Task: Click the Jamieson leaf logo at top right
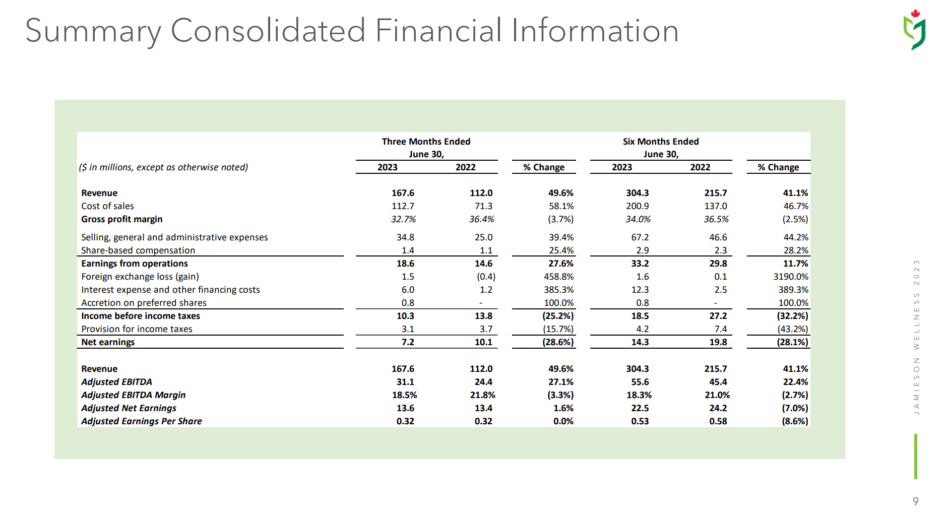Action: click(x=915, y=30)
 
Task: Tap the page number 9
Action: click(x=915, y=501)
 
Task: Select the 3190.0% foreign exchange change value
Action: click(x=790, y=277)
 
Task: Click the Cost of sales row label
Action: click(x=107, y=206)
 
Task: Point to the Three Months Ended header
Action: click(x=426, y=142)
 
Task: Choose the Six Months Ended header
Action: click(x=660, y=142)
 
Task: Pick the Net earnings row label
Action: click(x=108, y=342)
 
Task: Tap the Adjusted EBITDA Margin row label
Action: click(x=133, y=395)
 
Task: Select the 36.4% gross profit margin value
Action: click(x=481, y=219)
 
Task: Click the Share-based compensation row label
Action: click(x=138, y=250)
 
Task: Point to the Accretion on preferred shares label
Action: click(x=144, y=303)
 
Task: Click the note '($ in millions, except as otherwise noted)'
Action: click(x=163, y=167)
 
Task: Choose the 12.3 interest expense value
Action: click(x=640, y=290)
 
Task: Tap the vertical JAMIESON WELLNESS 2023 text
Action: click(x=916, y=338)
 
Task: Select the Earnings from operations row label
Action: click(x=134, y=264)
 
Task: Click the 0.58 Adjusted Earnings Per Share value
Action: click(x=718, y=421)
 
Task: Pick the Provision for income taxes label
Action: click(x=137, y=329)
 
